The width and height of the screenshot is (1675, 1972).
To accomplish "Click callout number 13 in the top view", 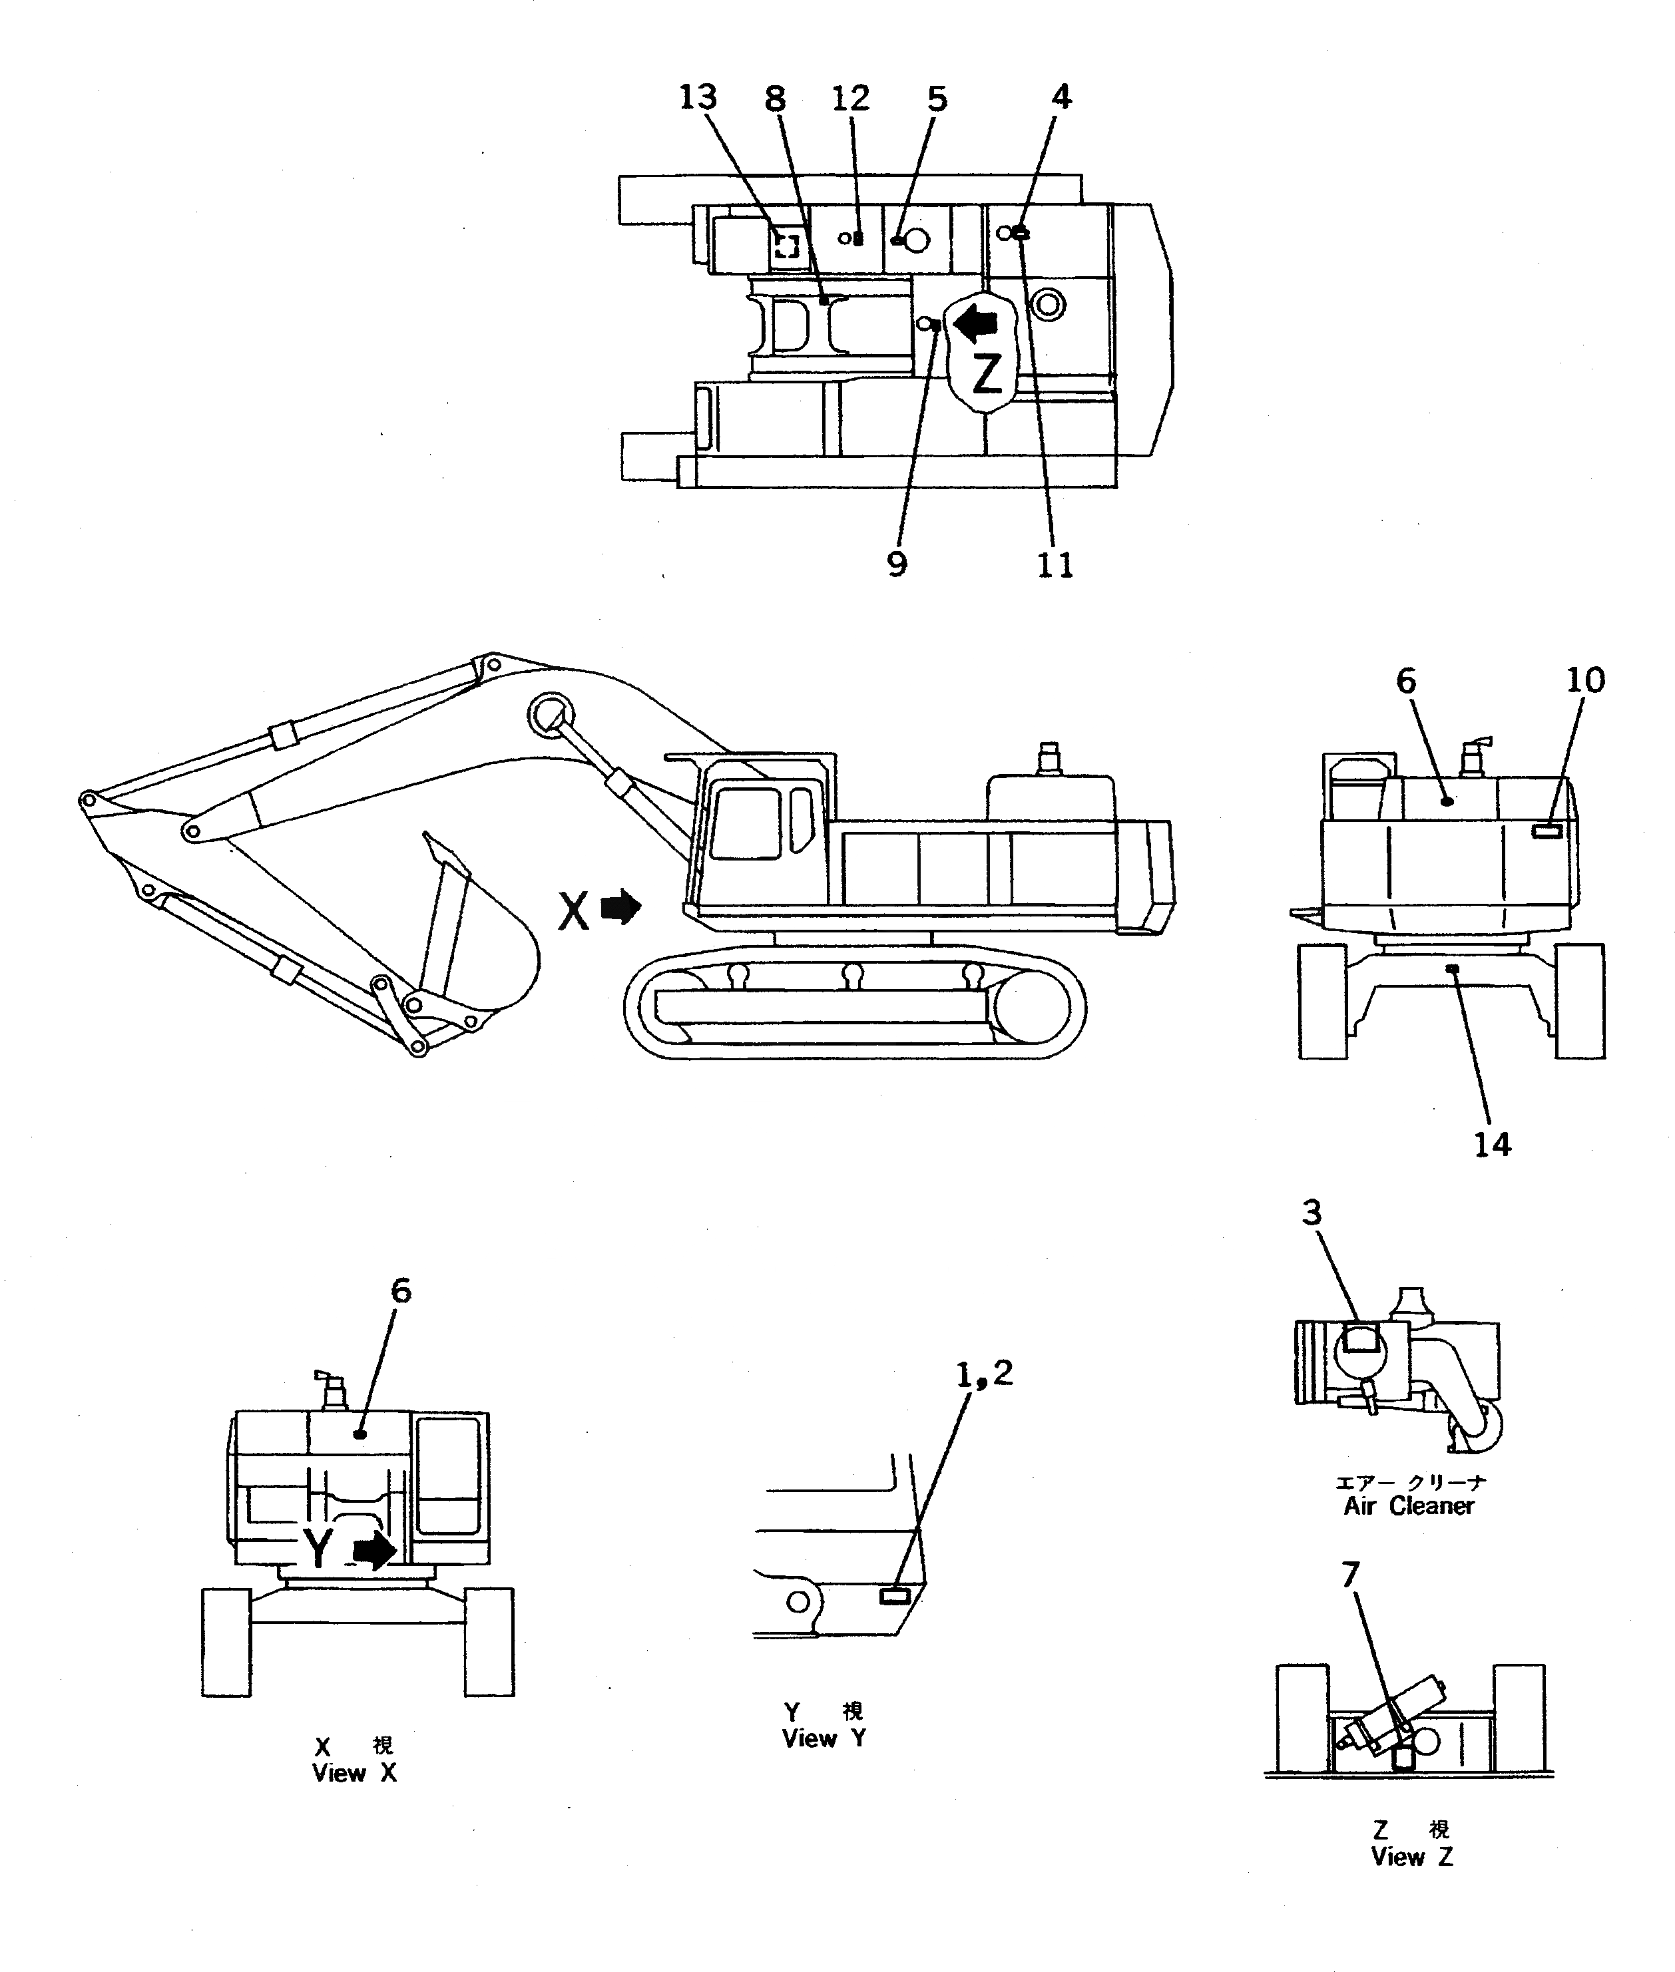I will [698, 97].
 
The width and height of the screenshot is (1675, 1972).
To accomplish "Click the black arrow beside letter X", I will [622, 908].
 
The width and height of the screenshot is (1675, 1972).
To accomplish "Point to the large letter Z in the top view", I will [987, 373].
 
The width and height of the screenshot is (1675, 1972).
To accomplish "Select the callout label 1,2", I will [984, 1373].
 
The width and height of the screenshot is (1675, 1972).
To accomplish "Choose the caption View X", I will [354, 1772].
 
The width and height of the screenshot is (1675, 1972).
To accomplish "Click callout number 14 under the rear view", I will [1492, 1144].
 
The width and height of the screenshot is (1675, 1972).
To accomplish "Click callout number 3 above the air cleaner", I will [1312, 1213].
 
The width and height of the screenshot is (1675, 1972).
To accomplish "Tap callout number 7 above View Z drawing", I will [1350, 1575].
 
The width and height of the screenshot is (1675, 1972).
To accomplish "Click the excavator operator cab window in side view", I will [746, 823].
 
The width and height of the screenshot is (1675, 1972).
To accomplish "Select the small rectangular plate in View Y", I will [895, 1596].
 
